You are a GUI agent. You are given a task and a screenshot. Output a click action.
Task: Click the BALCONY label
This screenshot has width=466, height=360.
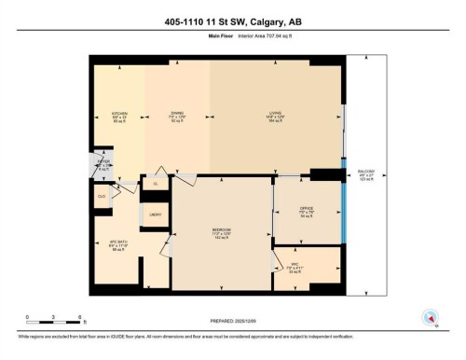point(366,175)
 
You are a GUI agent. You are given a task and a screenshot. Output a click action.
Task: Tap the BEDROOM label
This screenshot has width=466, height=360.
point(221,230)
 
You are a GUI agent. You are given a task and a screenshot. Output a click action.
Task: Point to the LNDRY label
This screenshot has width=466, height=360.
point(156,215)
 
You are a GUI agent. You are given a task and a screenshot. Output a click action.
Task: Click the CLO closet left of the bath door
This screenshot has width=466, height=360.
point(102,197)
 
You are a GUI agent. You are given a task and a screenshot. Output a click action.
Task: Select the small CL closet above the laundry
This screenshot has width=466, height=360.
point(155,184)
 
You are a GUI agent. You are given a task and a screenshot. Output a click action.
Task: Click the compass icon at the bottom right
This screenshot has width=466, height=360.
point(430,317)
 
